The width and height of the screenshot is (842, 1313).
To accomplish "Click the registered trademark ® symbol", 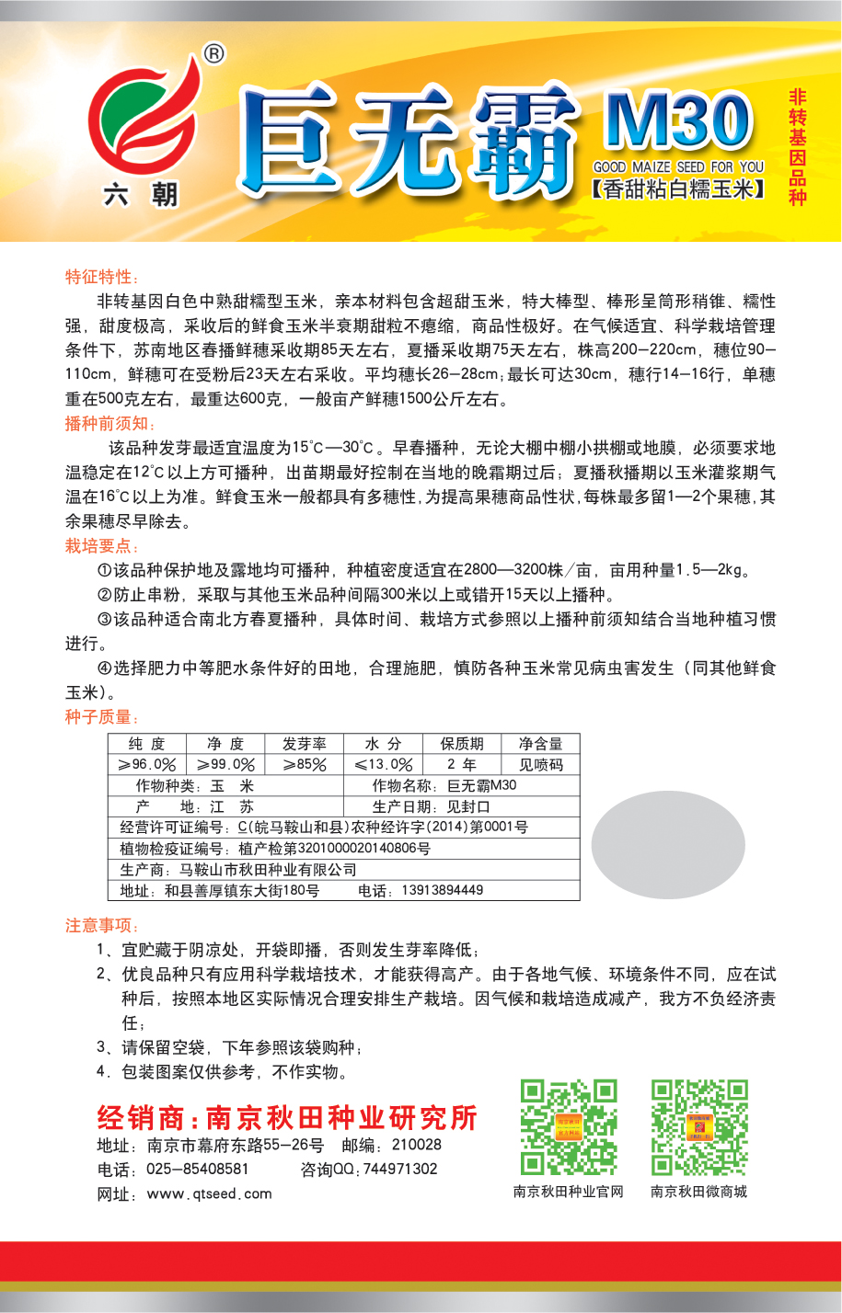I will click(213, 54).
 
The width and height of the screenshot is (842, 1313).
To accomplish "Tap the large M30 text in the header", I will click(678, 120).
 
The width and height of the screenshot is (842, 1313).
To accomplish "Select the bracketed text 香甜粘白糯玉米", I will click(678, 190).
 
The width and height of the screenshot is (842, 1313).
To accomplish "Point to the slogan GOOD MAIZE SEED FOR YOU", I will click(678, 167).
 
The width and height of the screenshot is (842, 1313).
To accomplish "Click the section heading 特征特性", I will click(101, 277).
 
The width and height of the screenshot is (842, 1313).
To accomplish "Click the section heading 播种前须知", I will click(110, 423).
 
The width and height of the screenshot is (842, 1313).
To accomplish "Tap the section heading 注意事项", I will click(101, 925).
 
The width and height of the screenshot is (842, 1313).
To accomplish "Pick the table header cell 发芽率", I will click(304, 744).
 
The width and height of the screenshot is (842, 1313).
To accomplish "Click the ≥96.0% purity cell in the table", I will click(146, 764).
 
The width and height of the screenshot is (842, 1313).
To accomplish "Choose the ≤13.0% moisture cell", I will click(383, 764).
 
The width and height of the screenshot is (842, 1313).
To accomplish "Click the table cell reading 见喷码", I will click(540, 764).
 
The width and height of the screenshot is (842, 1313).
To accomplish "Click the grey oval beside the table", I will click(667, 844).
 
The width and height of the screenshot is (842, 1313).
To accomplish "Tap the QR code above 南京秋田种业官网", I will click(568, 1127).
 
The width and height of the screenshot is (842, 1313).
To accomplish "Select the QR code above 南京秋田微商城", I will click(698, 1127).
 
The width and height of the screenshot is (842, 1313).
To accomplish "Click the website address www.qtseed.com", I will click(210, 1193).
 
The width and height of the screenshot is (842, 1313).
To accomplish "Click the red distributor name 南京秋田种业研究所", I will click(341, 1117).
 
